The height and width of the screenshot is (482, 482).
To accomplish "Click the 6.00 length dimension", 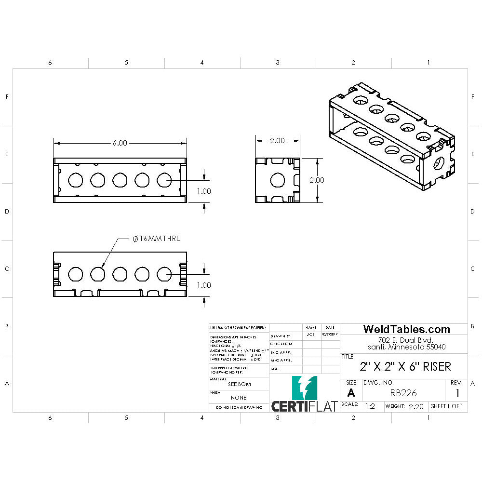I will [120, 143].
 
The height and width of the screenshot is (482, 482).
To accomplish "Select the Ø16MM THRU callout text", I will [157, 239].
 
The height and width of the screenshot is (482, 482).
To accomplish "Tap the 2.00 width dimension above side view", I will [277, 141].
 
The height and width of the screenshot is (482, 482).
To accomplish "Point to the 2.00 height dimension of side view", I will [316, 180].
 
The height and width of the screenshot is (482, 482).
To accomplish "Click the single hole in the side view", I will [277, 181].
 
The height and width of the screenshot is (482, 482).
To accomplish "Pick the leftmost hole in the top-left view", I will [75, 180].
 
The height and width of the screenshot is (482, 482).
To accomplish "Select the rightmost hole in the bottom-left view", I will [164, 274].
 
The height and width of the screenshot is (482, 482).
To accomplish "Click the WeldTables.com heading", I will [406, 329].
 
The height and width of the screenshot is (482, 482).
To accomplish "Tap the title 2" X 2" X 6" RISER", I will [405, 366].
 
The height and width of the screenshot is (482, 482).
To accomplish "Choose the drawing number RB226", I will [403, 393].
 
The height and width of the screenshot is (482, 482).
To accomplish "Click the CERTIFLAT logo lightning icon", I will [305, 388].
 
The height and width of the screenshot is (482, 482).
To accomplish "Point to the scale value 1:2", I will [370, 406].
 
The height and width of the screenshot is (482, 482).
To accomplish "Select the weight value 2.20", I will [415, 406].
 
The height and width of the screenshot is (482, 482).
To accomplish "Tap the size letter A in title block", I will [351, 392].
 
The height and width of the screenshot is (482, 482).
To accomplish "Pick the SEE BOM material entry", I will [239, 384].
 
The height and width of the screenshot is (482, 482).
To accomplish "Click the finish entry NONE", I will [239, 398].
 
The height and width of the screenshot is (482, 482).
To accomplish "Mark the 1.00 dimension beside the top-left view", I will [204, 191].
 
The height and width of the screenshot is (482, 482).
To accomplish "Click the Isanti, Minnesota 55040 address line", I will [406, 347].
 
